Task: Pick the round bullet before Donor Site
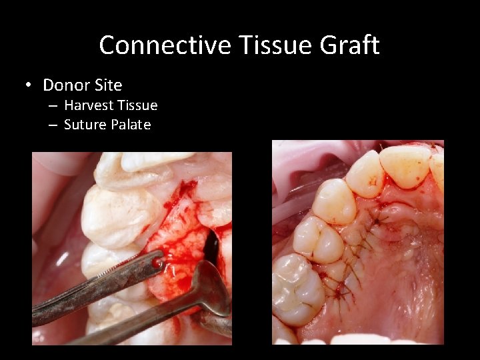click(x=28, y=85)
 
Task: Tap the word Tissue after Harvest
click(x=137, y=105)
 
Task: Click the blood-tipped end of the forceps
click(x=157, y=262)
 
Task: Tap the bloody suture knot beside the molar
click(x=341, y=290)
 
